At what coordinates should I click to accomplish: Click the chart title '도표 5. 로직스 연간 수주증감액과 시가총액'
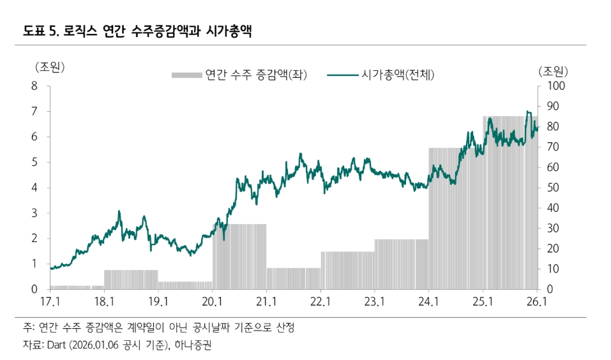tap(136, 31)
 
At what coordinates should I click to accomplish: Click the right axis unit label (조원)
tap(553, 70)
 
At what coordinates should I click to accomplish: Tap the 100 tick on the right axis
tap(553, 86)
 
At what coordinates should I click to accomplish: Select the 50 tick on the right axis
tap(550, 188)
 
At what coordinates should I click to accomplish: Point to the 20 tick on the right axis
tap(550, 248)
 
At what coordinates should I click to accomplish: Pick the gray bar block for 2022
tap(347, 270)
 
